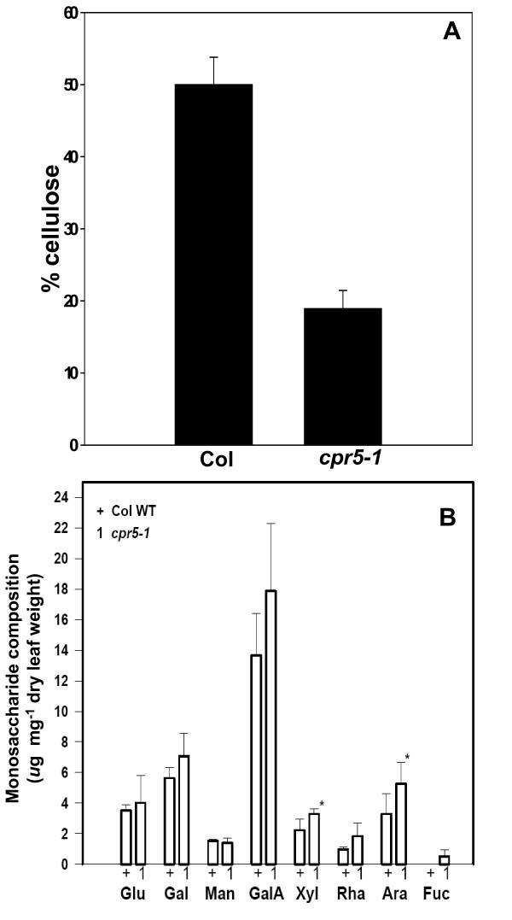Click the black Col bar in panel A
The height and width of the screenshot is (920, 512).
213,264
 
